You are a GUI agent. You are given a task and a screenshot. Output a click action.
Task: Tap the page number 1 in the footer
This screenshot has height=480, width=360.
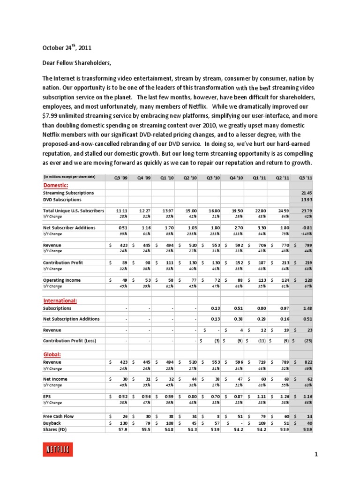click(x=316, y=454)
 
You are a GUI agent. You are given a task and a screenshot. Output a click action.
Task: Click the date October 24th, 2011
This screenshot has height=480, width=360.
click(x=67, y=48)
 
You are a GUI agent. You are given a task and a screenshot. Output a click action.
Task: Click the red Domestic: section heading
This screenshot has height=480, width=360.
click(x=56, y=185)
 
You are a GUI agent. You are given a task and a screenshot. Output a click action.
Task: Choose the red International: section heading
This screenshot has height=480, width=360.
click(x=60, y=300)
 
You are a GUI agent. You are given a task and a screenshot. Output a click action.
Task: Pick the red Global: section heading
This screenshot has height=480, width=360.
click(x=52, y=355)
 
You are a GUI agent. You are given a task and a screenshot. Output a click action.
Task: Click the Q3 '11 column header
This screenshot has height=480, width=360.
click(x=305, y=177)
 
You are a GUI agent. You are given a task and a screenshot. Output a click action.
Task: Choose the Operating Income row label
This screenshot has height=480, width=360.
click(x=61, y=280)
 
